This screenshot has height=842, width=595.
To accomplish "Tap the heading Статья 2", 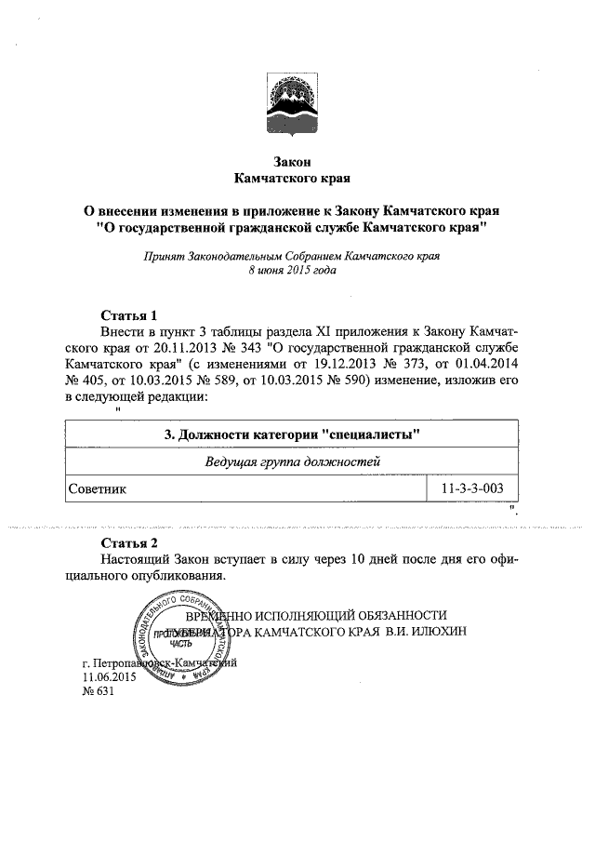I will pos(135,541).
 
